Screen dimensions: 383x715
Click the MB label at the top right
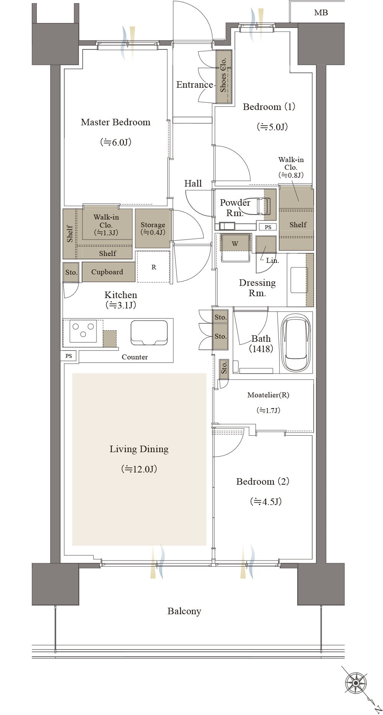pyautogui.click(x=321, y=13)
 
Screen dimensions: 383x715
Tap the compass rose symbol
pyautogui.click(x=356, y=682)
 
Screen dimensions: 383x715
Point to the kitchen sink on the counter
pyautogui.click(x=149, y=333)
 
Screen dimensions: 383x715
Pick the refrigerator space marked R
pyautogui.click(x=153, y=267)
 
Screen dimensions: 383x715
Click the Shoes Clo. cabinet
pyautogui.click(x=224, y=76)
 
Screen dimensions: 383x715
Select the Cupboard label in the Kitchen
pyautogui.click(x=107, y=272)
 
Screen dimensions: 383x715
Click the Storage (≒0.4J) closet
pyautogui.click(x=152, y=228)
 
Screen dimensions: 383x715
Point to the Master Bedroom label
pyautogui.click(x=116, y=122)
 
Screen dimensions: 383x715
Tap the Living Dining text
pyautogui.click(x=139, y=449)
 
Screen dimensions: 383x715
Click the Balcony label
pyautogui.click(x=184, y=611)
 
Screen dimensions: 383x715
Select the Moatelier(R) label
pyautogui.click(x=268, y=395)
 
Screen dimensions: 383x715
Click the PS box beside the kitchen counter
pyautogui.click(x=69, y=356)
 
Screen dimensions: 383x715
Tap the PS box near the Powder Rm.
pyautogui.click(x=268, y=227)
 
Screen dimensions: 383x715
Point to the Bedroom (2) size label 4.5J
pyautogui.click(x=266, y=502)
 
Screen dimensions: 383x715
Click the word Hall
pyautogui.click(x=193, y=184)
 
